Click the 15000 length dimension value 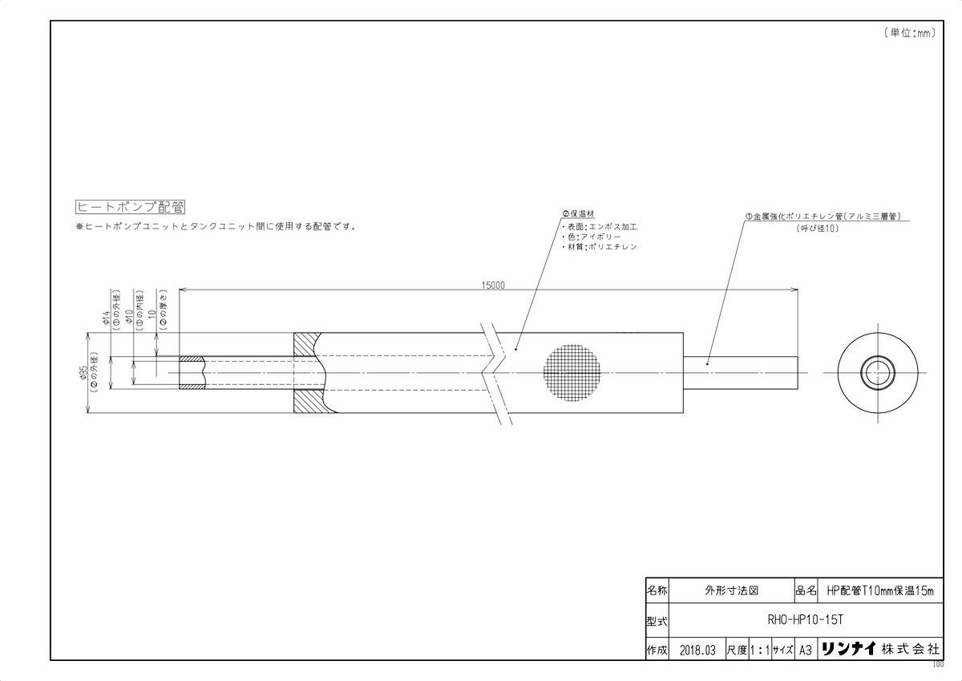click(493, 285)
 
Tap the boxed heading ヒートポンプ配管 click(131, 207)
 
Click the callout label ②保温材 click(578, 214)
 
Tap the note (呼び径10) click(817, 229)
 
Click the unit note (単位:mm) click(911, 33)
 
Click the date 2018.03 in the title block click(696, 649)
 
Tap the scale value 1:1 click(758, 649)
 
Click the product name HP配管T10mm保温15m click(880, 590)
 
